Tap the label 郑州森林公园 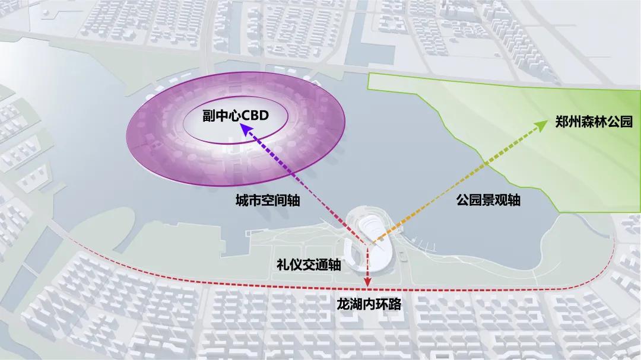(x=594, y=122)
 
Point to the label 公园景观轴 (x=488, y=200)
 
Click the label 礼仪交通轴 (x=309, y=265)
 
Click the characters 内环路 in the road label (x=380, y=305)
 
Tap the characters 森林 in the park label (x=594, y=122)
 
